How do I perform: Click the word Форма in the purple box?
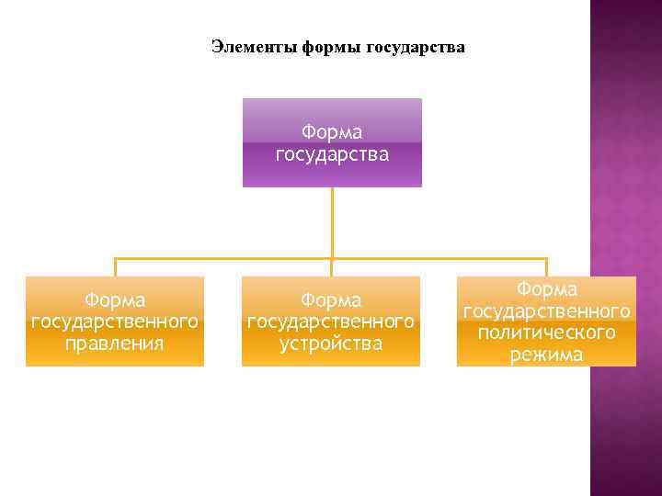[x=332, y=132]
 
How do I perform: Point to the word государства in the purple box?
[x=332, y=153]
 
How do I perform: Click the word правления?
[x=115, y=344]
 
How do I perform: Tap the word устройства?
[x=331, y=344]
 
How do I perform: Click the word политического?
[x=546, y=333]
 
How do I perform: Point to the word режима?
[x=546, y=354]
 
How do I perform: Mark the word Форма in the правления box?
[x=115, y=300]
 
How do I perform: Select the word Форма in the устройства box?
[x=331, y=300]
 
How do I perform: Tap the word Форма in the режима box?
[x=546, y=290]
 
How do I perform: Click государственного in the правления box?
[x=115, y=321]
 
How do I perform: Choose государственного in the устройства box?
[x=331, y=321]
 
